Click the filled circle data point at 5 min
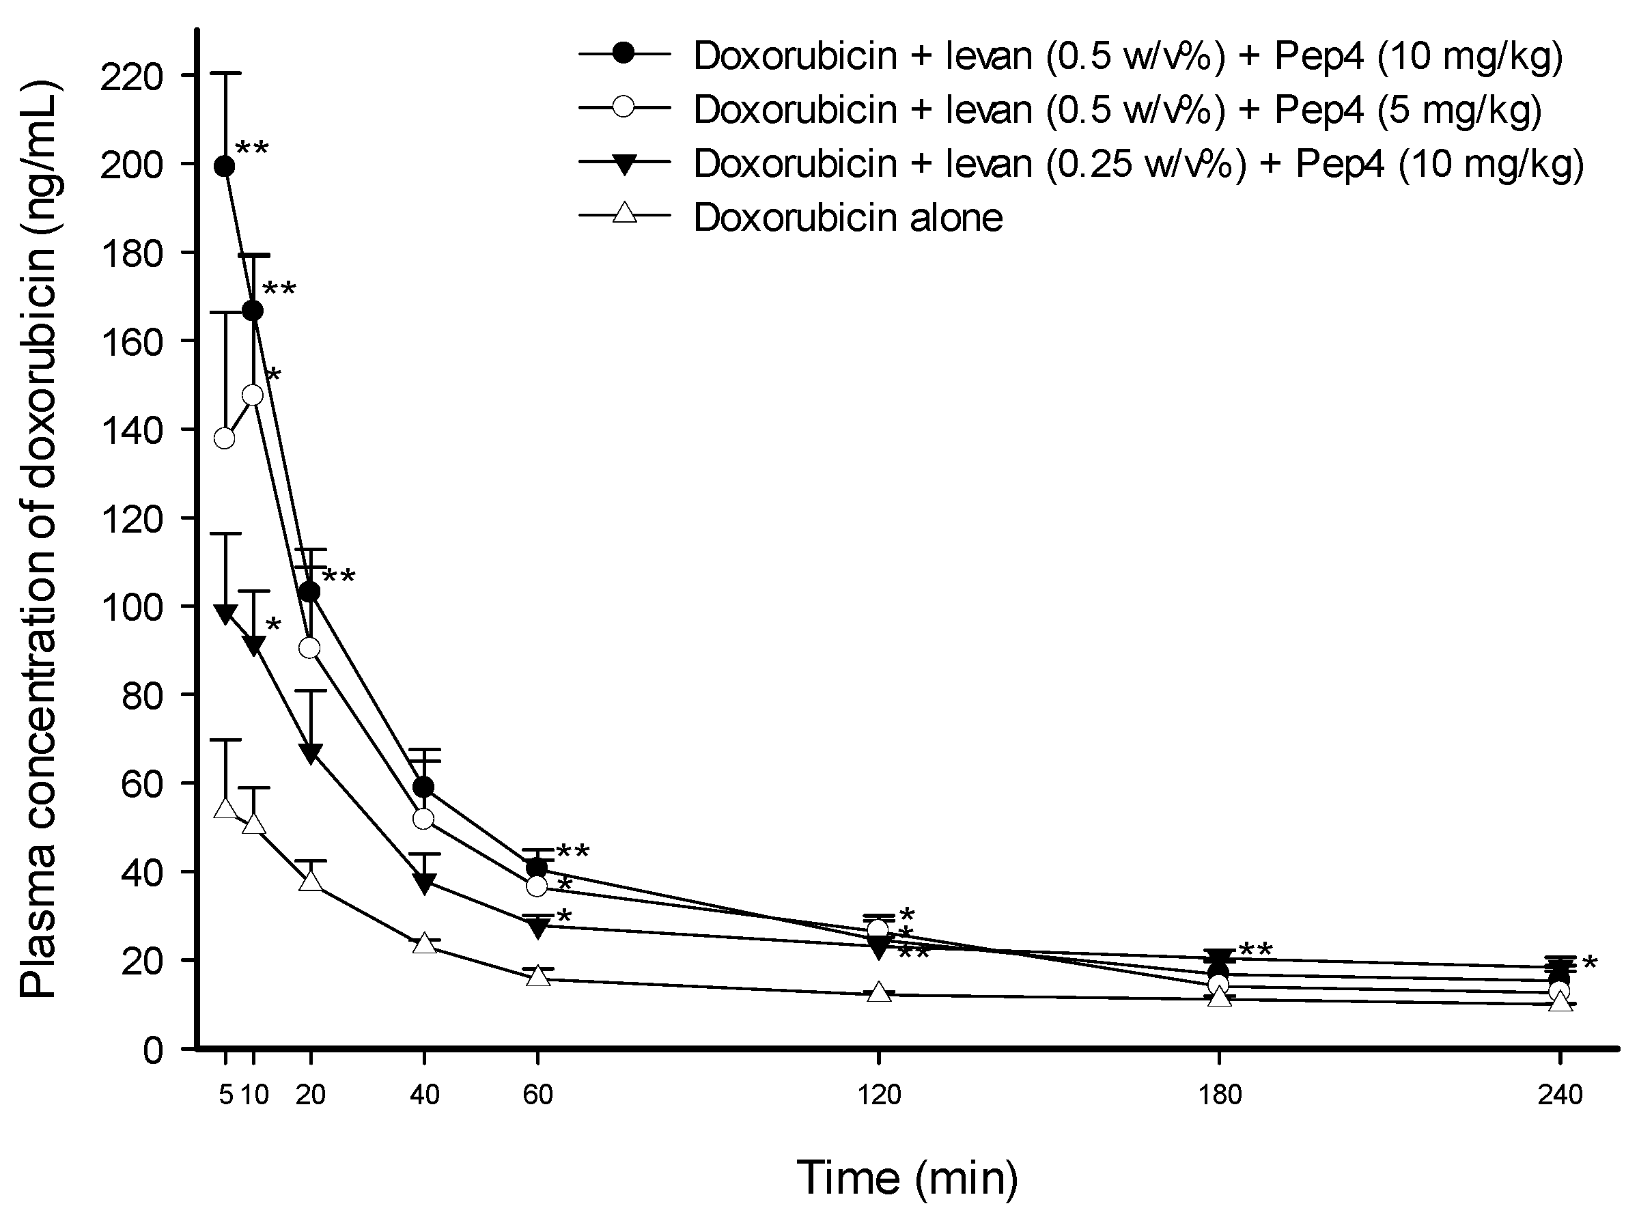tap(225, 167)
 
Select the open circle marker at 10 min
tap(253, 395)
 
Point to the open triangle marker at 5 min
tap(225, 809)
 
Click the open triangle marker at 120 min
tap(879, 992)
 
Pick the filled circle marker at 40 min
tap(423, 787)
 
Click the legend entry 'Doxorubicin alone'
tap(847, 217)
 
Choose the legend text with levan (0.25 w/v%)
tap(1138, 163)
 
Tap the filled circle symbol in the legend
tap(624, 55)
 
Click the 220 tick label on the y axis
tap(132, 76)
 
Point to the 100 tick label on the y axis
tap(132, 607)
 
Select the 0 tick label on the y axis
tap(152, 1050)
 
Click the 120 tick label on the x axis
tap(879, 1094)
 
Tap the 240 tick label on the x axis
tap(1560, 1094)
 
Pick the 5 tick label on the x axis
tap(225, 1094)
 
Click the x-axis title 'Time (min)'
tap(908, 1177)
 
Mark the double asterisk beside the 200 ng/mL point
tap(252, 150)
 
